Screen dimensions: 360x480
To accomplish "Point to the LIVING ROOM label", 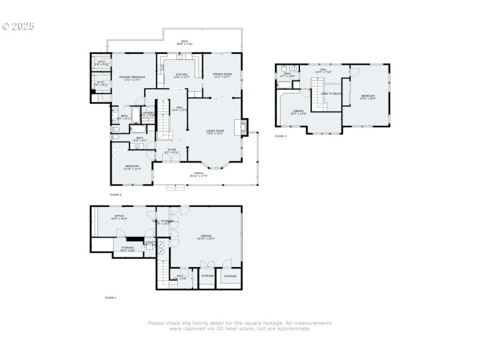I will (215, 131).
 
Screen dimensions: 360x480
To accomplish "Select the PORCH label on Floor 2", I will (198, 175).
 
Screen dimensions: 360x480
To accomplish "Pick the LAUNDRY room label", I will (148, 113).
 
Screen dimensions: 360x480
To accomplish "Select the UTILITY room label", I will (149, 242).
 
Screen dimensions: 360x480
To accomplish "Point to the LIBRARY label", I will (298, 112).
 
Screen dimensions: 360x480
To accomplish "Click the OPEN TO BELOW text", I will (331, 94).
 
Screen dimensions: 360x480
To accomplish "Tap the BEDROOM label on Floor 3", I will (368, 97).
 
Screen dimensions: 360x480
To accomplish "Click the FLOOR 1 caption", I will (111, 298).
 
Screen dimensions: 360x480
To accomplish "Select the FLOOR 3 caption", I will (281, 137).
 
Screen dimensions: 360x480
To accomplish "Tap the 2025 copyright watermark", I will (18, 26).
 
